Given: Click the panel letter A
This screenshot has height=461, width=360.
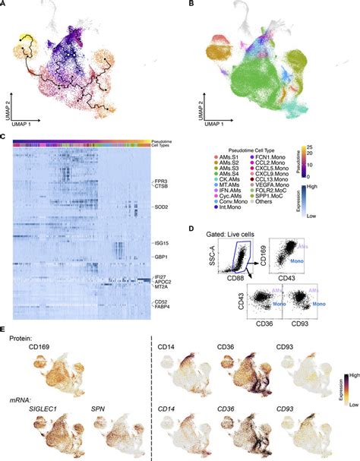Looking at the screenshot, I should (x=4, y=5).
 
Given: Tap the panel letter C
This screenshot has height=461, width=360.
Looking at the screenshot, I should (x=4, y=138).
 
